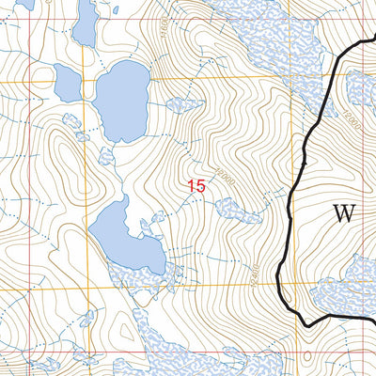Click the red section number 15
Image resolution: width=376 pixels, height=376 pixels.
[196, 186]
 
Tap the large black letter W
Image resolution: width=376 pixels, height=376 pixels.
[345, 213]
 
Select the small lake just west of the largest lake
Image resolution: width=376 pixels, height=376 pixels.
[68, 85]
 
